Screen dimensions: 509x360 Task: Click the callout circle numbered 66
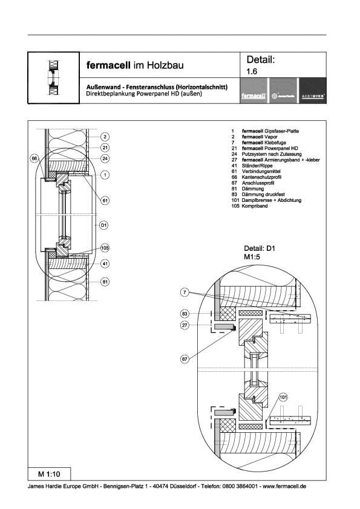pyautogui.click(x=35, y=158)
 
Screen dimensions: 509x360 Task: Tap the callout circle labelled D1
pyautogui.click(x=104, y=225)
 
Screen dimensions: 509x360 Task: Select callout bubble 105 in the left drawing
pyautogui.click(x=104, y=248)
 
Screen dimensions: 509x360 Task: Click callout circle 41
pyautogui.click(x=104, y=264)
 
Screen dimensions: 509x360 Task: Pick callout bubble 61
pyautogui.click(x=104, y=200)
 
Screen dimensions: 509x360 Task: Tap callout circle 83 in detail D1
pyautogui.click(x=185, y=314)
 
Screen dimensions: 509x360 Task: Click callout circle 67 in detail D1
pyautogui.click(x=185, y=359)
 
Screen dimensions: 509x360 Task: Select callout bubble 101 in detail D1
pyautogui.click(x=283, y=397)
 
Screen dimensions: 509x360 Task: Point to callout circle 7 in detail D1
pyautogui.click(x=185, y=293)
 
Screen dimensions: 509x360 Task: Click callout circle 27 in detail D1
pyautogui.click(x=185, y=326)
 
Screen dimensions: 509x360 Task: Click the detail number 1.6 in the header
pyautogui.click(x=252, y=71)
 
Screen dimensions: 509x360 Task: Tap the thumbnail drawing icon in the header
pyautogui.click(x=53, y=78)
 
